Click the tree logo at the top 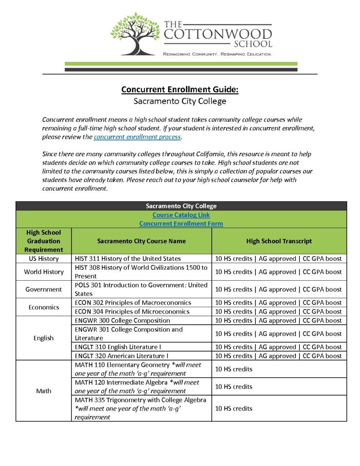pyautogui.click(x=135, y=33)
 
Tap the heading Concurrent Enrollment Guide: pyautogui.click(x=180, y=89)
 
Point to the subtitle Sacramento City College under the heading pyautogui.click(x=180, y=101)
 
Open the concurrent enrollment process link pyautogui.click(x=137, y=137)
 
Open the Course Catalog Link pyautogui.click(x=181, y=215)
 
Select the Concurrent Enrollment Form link pyautogui.click(x=181, y=223)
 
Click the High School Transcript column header pyautogui.click(x=279, y=241)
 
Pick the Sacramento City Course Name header pyautogui.click(x=142, y=241)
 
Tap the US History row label pyautogui.click(x=44, y=258)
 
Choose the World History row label pyautogui.click(x=44, y=272)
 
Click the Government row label pyautogui.click(x=44, y=289)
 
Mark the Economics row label pyautogui.click(x=44, y=307)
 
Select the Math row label pyautogui.click(x=44, y=391)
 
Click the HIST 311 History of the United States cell pyautogui.click(x=128, y=258)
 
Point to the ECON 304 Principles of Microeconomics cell pyautogui.click(x=132, y=312)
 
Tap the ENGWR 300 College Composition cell pyautogui.click(x=122, y=320)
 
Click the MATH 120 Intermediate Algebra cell pyautogui.click(x=137, y=386)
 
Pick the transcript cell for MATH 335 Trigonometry pyautogui.click(x=279, y=408)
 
